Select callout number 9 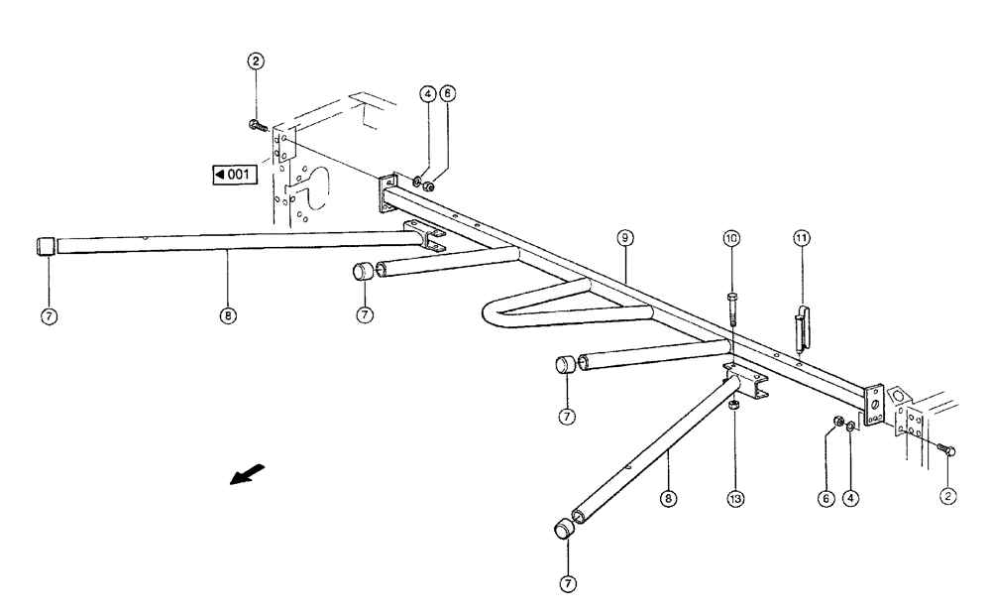(x=625, y=238)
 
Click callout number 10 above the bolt (x=731, y=238)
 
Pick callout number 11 (x=801, y=238)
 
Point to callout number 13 (x=735, y=498)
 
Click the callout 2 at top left (x=256, y=61)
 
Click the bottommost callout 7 (x=568, y=584)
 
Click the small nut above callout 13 (x=734, y=405)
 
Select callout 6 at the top (x=447, y=95)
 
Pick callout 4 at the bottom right (x=850, y=498)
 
